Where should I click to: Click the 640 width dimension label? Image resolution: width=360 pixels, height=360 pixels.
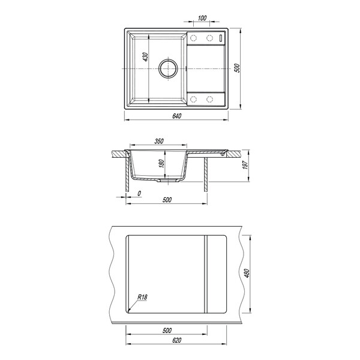[x=176, y=116]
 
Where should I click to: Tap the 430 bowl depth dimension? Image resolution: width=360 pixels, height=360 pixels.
[x=145, y=57]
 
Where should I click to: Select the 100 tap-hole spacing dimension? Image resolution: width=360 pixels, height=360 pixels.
[x=202, y=18]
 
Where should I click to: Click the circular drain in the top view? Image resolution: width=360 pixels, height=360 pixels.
[x=168, y=68]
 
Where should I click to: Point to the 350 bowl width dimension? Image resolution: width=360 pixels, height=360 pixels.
[x=159, y=141]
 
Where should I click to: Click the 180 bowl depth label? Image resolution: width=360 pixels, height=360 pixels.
[x=161, y=163]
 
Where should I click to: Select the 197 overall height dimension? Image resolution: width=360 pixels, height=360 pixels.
[x=245, y=165]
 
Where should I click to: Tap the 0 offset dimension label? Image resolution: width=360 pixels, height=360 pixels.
[x=139, y=194]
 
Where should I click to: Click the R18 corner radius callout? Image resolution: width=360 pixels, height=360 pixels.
[x=142, y=297]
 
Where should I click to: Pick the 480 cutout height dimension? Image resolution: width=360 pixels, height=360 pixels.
[x=247, y=273]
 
